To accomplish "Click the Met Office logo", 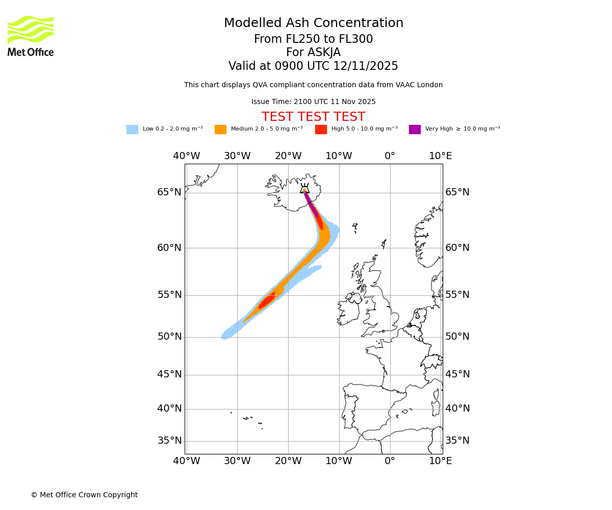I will pos(31,36).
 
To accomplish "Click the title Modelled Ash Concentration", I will pos(314,23).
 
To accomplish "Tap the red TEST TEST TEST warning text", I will pos(313,117).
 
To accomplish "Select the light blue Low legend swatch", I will pos(132,130).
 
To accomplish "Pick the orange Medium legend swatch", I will pos(220,130).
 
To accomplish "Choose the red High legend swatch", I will pos(321,130).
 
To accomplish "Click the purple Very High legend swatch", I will pos(415,130).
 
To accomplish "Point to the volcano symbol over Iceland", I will pos(304,189).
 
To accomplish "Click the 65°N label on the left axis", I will pos(169,192).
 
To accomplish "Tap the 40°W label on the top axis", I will pos(186,156).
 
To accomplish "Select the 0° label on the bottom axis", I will pos(390,462).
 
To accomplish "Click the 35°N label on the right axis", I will pos(457,441).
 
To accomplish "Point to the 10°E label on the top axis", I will pos(441,156).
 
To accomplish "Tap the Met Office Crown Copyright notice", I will pos(84,495).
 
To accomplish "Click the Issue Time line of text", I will pos(313,102).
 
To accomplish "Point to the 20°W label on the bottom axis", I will pos(288,462).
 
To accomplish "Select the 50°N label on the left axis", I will pos(169,337).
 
